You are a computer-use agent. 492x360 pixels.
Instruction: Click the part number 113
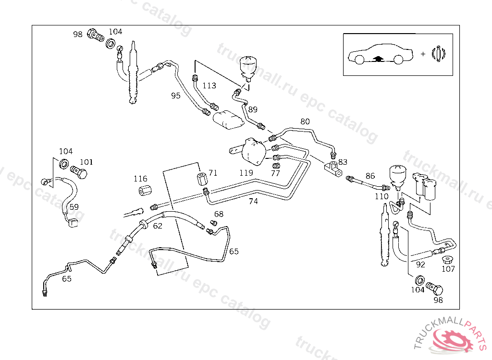tap(209, 86)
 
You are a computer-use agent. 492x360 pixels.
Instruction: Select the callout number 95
tap(176, 96)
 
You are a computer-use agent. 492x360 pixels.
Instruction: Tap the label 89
tap(253, 109)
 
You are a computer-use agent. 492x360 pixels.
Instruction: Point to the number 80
tap(305, 121)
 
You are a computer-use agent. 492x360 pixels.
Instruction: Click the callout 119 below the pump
tap(246, 172)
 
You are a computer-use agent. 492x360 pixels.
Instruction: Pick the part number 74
tap(253, 201)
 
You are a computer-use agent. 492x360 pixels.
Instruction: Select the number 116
tap(141, 179)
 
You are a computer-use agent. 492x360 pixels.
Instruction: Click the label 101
tap(87, 162)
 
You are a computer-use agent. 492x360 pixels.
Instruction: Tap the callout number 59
tap(74, 207)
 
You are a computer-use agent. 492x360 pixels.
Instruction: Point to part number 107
tap(448, 269)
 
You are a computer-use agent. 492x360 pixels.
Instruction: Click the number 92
tap(420, 264)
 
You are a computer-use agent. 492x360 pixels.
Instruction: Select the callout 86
tap(370, 176)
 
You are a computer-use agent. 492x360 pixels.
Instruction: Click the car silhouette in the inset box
tap(380, 56)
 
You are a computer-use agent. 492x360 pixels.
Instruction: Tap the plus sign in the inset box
tap(423, 54)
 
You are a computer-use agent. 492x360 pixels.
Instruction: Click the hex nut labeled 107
tap(447, 260)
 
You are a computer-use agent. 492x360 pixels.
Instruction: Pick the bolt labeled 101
tap(79, 171)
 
